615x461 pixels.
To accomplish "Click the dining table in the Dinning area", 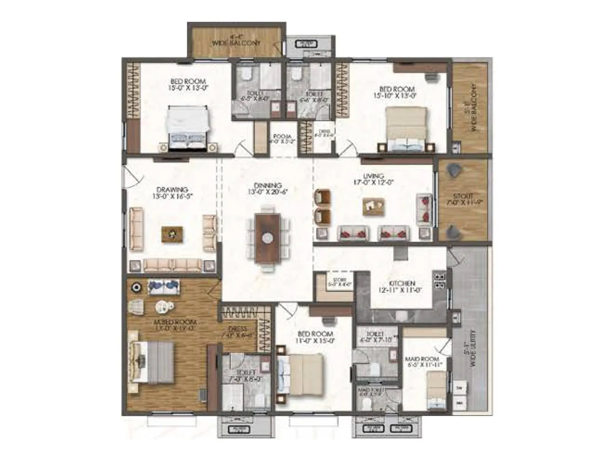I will [268, 238].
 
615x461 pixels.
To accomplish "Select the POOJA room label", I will [282, 137].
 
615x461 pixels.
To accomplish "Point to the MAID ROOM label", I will [422, 359].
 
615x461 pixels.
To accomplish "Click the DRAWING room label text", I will [172, 190].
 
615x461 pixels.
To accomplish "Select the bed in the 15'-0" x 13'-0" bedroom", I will [188, 128].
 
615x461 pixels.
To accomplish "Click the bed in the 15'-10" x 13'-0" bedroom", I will [406, 128].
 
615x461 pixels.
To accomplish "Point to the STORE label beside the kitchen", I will [339, 280].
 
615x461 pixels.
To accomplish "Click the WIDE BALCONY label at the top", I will [236, 43].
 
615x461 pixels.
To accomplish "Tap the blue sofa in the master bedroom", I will [164, 287].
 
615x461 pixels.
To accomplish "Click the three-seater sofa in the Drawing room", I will [172, 265].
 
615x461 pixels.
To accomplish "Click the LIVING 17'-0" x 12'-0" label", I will [373, 179].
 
